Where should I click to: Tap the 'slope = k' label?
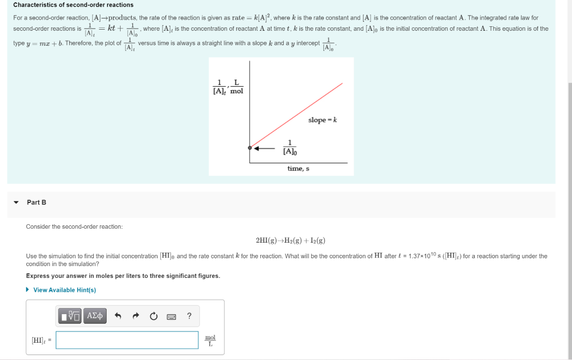[322, 120]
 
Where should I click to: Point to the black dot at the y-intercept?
[250, 148]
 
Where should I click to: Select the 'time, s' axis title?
[298, 169]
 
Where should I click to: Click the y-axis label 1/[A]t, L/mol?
[228, 87]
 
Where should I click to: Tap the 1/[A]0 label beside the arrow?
[290, 148]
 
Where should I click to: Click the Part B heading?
[36, 202]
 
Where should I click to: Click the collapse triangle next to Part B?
[16, 202]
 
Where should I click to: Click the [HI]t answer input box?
[127, 340]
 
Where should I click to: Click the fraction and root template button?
[71, 316]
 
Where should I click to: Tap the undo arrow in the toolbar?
[118, 316]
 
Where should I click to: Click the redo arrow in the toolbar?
[136, 316]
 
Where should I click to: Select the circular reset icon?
[154, 316]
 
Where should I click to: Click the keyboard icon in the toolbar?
[171, 316]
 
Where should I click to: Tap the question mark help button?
[189, 316]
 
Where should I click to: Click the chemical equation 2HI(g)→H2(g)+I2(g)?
[290, 241]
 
